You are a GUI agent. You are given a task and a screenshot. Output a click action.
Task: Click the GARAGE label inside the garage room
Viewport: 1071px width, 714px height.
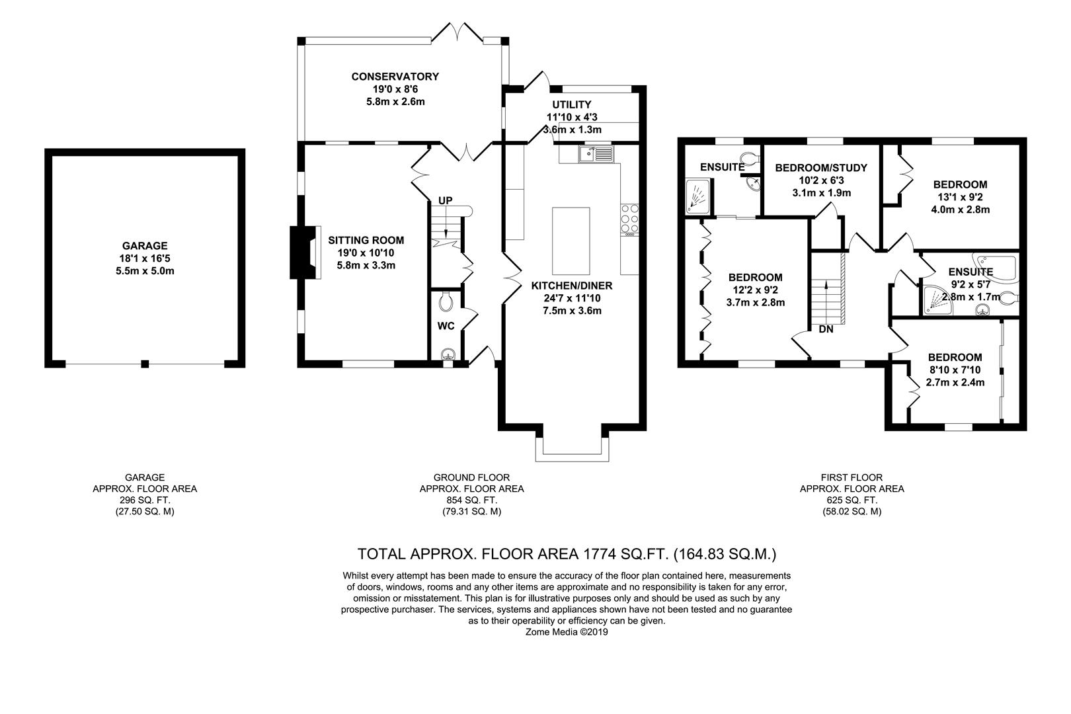pyautogui.click(x=144, y=246)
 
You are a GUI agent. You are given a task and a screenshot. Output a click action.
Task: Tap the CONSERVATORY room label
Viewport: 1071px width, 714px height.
pyautogui.click(x=395, y=77)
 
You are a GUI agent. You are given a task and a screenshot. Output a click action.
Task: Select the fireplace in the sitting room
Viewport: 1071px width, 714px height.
pyautogui.click(x=305, y=252)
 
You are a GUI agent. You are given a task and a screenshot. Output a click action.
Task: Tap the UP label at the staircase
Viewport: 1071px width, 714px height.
pyautogui.click(x=445, y=201)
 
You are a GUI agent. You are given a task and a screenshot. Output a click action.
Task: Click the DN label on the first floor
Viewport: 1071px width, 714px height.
pyautogui.click(x=826, y=329)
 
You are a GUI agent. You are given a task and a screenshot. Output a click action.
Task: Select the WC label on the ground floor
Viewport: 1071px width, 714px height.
pyautogui.click(x=446, y=326)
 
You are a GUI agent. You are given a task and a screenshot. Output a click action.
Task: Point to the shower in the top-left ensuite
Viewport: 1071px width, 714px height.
pyautogui.click(x=697, y=196)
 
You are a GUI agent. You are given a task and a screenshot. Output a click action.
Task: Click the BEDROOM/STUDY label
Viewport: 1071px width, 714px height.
pyautogui.click(x=821, y=168)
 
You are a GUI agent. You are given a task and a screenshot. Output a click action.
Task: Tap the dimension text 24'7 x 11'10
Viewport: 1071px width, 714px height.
pyautogui.click(x=572, y=298)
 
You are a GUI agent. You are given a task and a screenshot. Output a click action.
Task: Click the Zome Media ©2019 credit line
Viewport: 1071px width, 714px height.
pyautogui.click(x=567, y=632)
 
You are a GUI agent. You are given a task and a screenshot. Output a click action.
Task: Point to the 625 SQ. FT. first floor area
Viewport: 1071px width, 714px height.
pyautogui.click(x=852, y=500)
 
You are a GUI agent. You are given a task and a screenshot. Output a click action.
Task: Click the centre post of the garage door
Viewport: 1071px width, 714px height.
pyautogui.click(x=145, y=364)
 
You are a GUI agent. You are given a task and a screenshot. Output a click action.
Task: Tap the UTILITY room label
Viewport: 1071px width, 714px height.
pyautogui.click(x=572, y=104)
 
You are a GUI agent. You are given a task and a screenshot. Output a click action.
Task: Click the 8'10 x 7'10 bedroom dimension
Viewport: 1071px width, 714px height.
pyautogui.click(x=955, y=370)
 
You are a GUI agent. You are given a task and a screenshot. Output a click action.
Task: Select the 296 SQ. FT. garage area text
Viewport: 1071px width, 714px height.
pyautogui.click(x=145, y=500)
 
